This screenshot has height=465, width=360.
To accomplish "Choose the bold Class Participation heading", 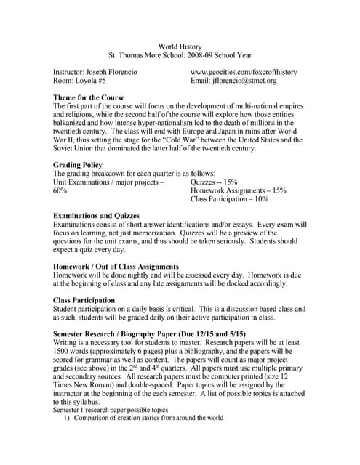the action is [84, 300].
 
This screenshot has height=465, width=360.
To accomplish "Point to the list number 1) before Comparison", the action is [66, 418].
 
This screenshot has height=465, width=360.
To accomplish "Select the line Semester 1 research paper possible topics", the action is [114, 410].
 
